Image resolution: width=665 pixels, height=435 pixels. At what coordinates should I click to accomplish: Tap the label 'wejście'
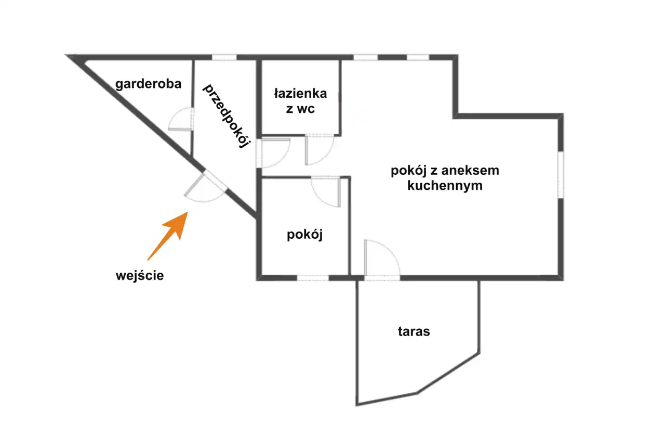pos(140,275)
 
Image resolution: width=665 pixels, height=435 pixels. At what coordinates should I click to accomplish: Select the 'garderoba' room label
pos(148,84)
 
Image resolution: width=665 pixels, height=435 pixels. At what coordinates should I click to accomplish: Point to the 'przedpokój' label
pos(225,116)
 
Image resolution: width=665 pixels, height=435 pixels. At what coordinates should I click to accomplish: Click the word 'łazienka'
pos(301,94)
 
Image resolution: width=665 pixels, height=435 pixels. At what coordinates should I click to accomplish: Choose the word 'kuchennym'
pos(445,185)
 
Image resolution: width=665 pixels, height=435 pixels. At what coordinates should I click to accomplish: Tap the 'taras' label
pos(414,331)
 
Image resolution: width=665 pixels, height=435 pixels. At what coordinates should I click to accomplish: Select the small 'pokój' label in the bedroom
pos(304,235)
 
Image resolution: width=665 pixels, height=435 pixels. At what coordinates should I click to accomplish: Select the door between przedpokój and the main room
pos(273,153)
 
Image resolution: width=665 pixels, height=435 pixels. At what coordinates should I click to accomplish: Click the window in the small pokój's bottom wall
pos(313,278)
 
